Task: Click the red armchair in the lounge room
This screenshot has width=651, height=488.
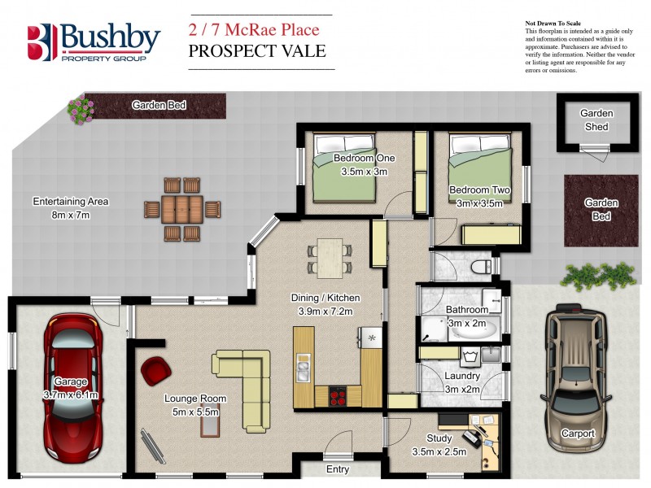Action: click(155, 372)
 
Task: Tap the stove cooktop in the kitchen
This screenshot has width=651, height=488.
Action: click(338, 397)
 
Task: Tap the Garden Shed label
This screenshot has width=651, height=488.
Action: click(596, 120)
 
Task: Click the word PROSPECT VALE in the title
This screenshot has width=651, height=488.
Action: click(256, 51)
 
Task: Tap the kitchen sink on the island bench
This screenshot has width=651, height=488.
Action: click(303, 371)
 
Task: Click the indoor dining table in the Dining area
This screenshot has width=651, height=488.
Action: click(330, 256)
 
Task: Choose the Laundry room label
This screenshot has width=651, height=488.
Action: click(461, 377)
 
